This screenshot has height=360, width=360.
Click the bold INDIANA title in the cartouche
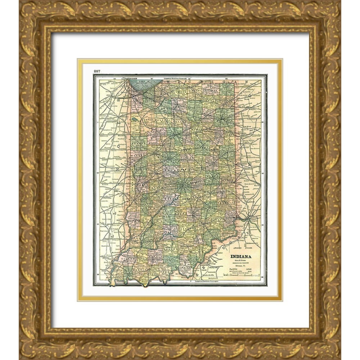pyautogui.click(x=241, y=256)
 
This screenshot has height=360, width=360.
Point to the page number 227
pyautogui.click(x=97, y=71)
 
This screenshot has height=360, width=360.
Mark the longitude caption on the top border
pyautogui.click(x=176, y=78)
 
